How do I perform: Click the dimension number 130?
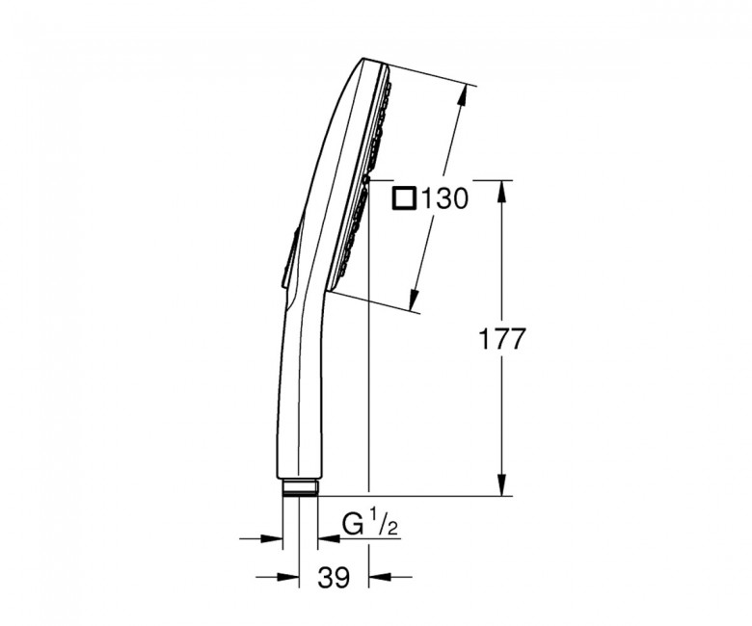[444, 198]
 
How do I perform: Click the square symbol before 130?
[404, 198]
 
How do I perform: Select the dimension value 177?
[501, 340]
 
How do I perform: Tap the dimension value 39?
[334, 578]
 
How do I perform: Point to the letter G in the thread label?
[352, 525]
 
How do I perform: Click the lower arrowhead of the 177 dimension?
[501, 484]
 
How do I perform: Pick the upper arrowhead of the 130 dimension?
[461, 97]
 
